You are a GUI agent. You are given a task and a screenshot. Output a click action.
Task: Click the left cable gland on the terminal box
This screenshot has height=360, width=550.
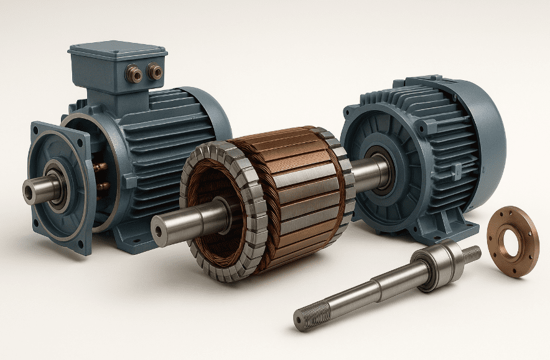point(134,75)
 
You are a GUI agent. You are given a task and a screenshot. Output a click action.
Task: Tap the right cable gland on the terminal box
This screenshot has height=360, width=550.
point(154,72)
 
